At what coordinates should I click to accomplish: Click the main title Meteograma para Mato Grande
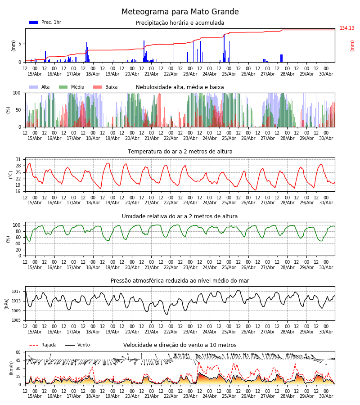(180, 12)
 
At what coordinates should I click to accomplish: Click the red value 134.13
(347, 28)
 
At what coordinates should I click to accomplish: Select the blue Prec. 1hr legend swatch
(34, 22)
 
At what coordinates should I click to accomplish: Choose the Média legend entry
(72, 87)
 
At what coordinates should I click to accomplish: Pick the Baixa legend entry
(105, 87)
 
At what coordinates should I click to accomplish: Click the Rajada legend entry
(43, 345)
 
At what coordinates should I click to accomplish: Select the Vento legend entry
(77, 345)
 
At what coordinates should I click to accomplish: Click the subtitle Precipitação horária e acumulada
(180, 23)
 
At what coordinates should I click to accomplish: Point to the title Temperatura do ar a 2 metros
(180, 151)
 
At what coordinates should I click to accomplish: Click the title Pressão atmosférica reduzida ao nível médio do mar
(180, 280)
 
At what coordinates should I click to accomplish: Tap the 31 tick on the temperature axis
(18, 159)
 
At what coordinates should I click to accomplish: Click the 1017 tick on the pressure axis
(16, 291)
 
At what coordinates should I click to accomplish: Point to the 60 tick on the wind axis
(18, 352)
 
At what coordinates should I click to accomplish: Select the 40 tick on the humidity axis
(18, 243)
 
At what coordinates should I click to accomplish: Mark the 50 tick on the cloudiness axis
(18, 110)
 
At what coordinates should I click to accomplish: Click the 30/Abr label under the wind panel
(326, 396)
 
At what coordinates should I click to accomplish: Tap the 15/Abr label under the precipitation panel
(35, 74)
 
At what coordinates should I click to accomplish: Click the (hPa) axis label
(7, 303)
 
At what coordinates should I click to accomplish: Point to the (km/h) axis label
(11, 368)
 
